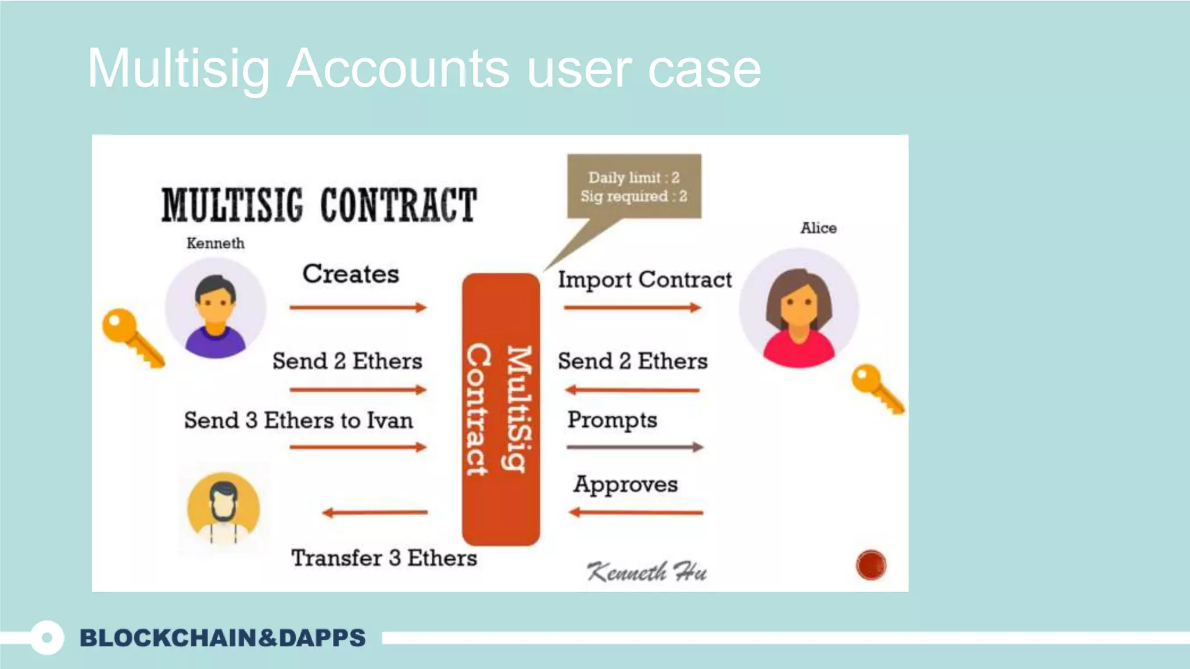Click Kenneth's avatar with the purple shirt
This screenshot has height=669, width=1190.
click(x=216, y=308)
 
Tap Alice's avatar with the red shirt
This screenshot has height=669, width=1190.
click(x=799, y=308)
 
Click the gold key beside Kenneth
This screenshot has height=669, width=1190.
click(x=132, y=337)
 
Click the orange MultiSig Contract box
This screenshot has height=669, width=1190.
click(x=501, y=409)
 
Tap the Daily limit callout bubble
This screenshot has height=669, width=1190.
click(x=634, y=186)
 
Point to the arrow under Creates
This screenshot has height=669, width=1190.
click(x=358, y=307)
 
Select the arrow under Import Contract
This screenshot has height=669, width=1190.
click(x=632, y=307)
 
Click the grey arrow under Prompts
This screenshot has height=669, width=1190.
click(x=635, y=447)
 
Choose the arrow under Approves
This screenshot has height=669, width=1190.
click(x=636, y=512)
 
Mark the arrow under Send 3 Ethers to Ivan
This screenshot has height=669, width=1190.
click(x=358, y=447)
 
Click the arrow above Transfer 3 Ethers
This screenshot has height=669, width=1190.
click(x=375, y=512)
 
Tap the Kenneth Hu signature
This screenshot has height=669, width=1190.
click(x=647, y=572)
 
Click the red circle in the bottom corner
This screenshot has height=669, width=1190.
click(x=870, y=564)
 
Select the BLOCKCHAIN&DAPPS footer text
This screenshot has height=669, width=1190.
click(x=223, y=638)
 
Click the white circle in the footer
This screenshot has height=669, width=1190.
click(x=47, y=638)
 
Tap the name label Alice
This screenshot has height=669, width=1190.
click(x=818, y=228)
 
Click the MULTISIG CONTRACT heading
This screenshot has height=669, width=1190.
click(x=319, y=205)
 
